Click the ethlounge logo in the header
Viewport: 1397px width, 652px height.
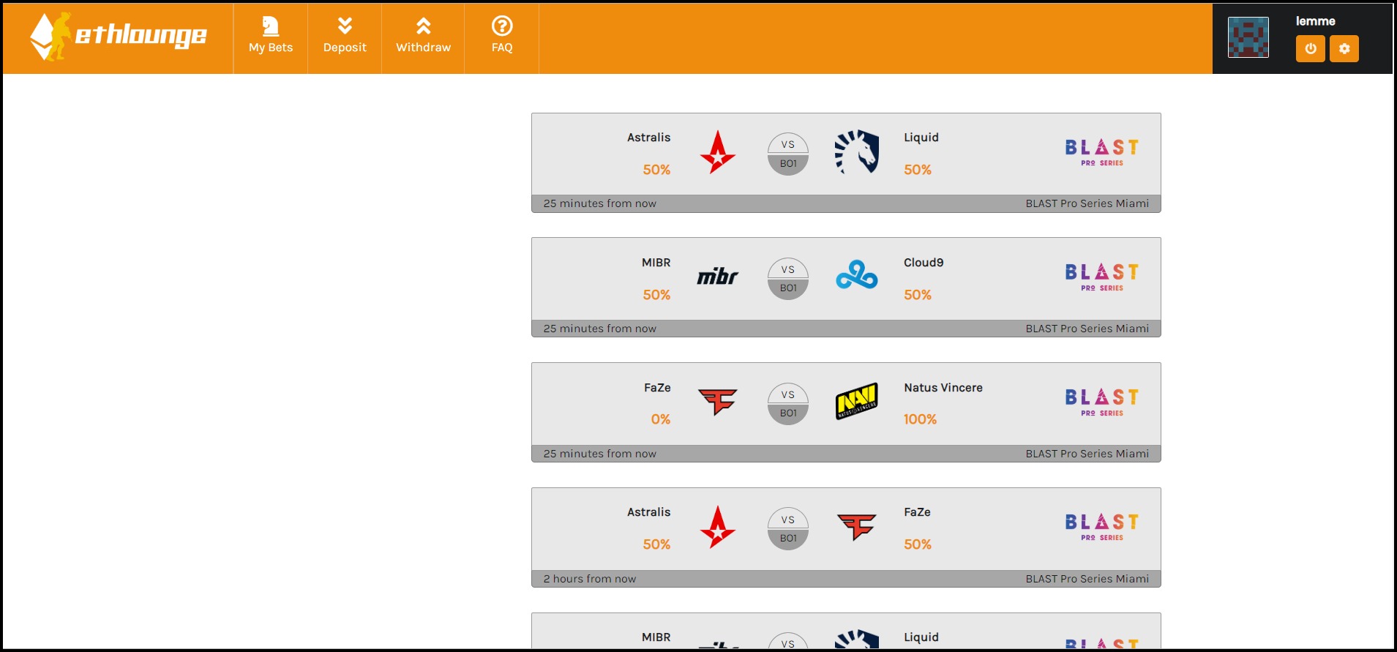(x=119, y=37)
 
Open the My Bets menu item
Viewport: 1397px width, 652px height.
(x=271, y=37)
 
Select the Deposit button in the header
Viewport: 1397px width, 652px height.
(x=345, y=37)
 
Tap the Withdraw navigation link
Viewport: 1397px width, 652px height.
(x=423, y=37)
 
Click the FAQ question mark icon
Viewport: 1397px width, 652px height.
(x=502, y=26)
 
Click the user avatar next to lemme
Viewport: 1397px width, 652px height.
(x=1248, y=38)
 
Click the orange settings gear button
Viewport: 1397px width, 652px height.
(x=1344, y=49)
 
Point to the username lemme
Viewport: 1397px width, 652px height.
(x=1315, y=21)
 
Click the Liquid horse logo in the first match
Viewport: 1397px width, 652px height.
(x=857, y=152)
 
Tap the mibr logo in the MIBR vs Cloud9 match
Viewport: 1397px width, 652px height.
(x=717, y=277)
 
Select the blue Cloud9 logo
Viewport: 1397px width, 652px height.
(x=857, y=276)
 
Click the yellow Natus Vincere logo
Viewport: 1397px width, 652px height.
(x=857, y=401)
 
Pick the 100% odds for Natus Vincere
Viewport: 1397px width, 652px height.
(x=920, y=419)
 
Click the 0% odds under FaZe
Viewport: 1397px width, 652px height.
(x=660, y=419)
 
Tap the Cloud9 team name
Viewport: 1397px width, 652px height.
(x=924, y=263)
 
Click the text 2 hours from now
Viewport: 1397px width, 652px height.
(x=590, y=579)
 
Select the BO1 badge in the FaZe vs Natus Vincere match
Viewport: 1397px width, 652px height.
(x=788, y=413)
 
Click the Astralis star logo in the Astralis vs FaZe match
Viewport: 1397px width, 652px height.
(x=717, y=527)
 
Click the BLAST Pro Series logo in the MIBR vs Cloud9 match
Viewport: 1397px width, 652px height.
(x=1101, y=277)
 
